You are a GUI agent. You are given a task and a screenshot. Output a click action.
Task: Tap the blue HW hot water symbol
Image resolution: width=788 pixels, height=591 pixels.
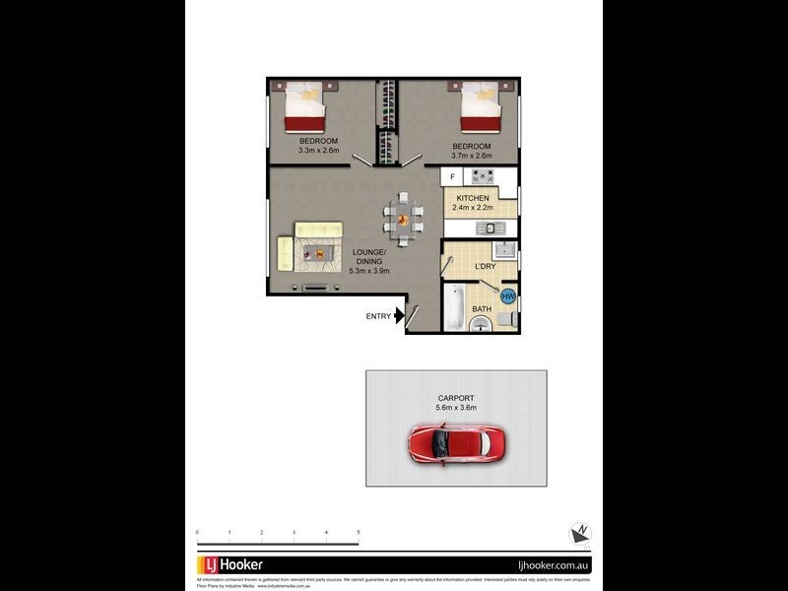pos(508,295)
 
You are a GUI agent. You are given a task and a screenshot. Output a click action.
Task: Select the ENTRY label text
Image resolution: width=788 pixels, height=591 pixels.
pos(378,316)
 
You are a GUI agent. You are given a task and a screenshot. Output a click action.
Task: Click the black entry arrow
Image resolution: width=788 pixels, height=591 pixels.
pos(399,316)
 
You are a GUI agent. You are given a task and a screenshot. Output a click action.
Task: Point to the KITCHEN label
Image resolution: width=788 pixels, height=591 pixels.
pos(472,198)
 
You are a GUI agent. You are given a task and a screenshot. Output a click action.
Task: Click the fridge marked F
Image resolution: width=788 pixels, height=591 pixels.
pos(452,176)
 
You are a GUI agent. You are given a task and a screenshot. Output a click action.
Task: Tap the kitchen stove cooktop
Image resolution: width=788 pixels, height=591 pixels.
pos(482,176)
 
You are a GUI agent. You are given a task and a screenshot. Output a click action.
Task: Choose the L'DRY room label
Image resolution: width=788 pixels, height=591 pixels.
pos(485,266)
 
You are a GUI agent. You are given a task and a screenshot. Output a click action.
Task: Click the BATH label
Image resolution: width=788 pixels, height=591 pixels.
pos(481,308)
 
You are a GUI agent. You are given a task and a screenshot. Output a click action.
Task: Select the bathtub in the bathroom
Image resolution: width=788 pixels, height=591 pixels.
pos(454,305)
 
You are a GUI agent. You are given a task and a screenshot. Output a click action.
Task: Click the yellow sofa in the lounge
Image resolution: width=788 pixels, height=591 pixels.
pos(286,253)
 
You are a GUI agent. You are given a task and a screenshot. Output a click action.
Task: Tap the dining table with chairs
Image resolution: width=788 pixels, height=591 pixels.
pos(402,216)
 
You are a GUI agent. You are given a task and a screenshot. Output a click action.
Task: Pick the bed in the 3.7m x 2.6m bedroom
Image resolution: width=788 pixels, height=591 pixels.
pos(481,107)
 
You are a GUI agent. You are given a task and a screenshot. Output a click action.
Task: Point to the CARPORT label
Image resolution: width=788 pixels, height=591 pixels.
pos(455,398)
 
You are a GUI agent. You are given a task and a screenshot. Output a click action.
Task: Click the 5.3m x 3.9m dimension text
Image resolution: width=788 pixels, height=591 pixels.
pos(368,270)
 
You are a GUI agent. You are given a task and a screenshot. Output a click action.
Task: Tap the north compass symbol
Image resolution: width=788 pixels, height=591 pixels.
pos(580,533)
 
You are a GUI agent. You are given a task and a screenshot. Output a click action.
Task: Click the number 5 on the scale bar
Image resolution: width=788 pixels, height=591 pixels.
pos(359,532)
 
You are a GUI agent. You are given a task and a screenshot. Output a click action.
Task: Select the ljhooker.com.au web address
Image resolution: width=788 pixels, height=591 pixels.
pos(554,565)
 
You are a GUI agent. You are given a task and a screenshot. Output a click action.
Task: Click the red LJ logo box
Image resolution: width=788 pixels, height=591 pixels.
pos(208,564)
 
